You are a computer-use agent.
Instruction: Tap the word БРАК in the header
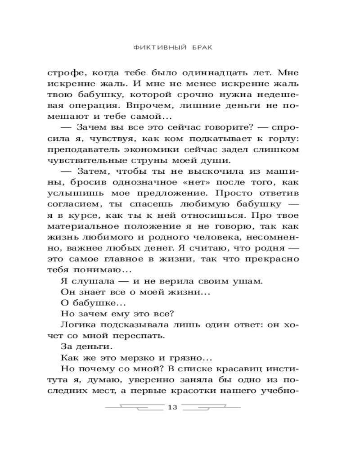(x=199, y=47)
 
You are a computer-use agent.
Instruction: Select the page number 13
(x=173, y=408)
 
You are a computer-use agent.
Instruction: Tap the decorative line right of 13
(x=211, y=408)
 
